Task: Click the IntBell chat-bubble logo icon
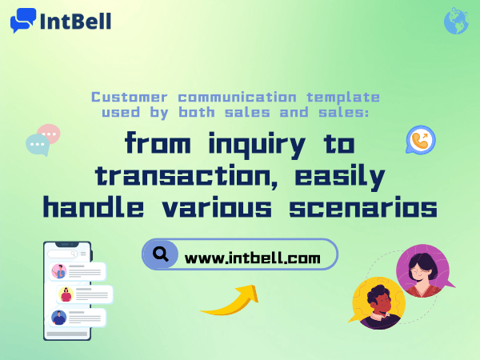[23, 20]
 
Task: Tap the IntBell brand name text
[75, 20]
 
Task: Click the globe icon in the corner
[455, 21]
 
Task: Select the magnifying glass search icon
[161, 255]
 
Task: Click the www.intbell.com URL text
[252, 258]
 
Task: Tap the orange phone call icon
[419, 140]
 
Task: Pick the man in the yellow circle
[379, 303]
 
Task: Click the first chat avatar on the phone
[59, 271]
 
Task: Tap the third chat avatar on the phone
[58, 317]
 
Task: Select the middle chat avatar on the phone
[66, 294]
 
